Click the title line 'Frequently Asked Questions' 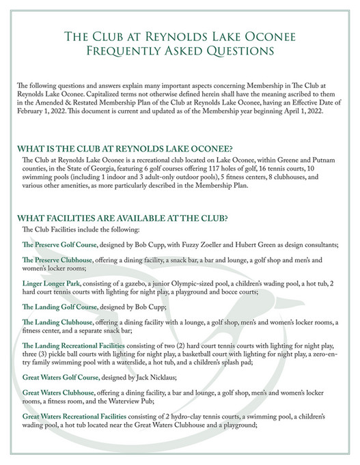click(x=180, y=51)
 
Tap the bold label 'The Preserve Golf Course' click(x=61, y=244)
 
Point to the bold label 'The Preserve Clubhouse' click(x=58, y=261)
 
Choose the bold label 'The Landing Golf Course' click(x=59, y=307)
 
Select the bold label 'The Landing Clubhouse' click(x=57, y=323)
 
